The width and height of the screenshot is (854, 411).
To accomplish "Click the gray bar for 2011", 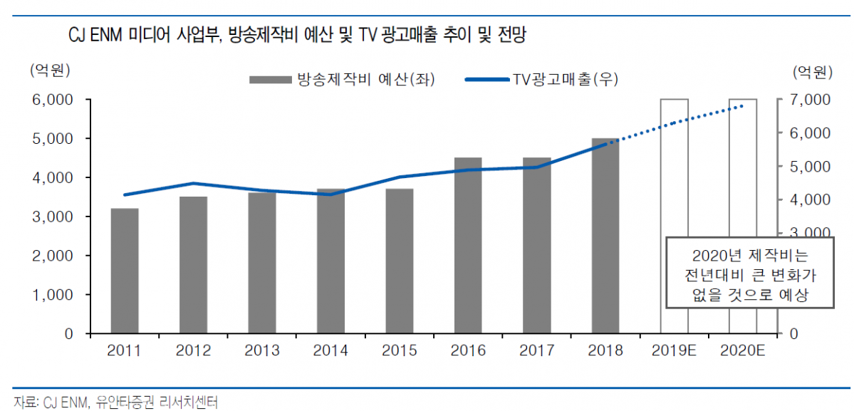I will (125, 271).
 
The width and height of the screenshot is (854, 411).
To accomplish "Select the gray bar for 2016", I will (468, 245).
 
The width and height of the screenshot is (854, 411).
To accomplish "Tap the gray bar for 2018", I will (605, 236).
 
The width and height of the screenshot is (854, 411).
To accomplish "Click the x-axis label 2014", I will (330, 350).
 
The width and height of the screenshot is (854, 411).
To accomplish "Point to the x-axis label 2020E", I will (742, 350).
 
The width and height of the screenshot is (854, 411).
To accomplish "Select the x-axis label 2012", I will (193, 350).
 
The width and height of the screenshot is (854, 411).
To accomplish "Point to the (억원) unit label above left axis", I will (49, 70).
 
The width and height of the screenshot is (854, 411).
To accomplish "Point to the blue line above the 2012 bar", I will (193, 184).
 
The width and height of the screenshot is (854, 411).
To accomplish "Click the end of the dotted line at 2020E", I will (742, 106).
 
